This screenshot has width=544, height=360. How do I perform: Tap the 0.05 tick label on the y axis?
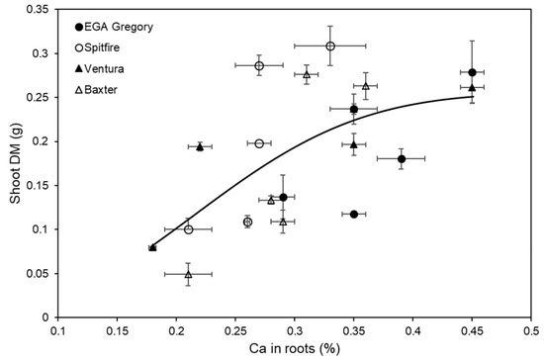[x=41, y=273]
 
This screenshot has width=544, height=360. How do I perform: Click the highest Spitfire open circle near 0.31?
[x=330, y=45]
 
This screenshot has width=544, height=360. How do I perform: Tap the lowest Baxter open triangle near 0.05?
[x=188, y=274]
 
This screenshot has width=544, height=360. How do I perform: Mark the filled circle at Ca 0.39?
[x=402, y=158]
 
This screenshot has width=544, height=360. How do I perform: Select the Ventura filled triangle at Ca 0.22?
[x=200, y=146]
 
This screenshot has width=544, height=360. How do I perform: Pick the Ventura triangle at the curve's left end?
[x=152, y=247]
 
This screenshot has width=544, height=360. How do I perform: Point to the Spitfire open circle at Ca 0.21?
[x=189, y=229]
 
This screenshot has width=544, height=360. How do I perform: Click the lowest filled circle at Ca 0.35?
[x=354, y=214]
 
